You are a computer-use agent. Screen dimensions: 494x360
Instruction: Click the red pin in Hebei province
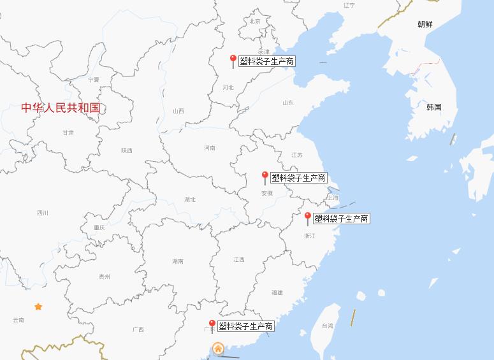coord(233,60)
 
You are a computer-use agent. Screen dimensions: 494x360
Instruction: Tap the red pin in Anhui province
coord(265,176)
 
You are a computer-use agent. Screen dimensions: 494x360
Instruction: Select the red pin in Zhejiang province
coord(308,217)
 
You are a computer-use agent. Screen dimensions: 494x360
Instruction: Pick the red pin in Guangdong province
coord(212,325)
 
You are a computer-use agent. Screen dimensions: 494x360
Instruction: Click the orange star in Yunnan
coord(38,307)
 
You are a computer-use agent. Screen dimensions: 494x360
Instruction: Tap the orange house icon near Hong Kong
coord(218,349)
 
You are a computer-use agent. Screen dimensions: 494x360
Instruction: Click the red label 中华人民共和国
coord(61,108)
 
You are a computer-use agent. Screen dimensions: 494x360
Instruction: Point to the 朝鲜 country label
coord(425,24)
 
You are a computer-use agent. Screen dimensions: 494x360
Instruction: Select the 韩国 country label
coord(434,107)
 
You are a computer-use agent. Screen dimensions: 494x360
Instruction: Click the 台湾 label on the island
coord(327,326)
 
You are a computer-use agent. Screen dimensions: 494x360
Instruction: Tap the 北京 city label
coord(255,21)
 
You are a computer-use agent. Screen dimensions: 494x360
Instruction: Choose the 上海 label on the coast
coord(333,198)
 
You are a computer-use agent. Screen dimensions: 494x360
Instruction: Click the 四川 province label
coord(43,213)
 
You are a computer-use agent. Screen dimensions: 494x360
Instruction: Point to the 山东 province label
coord(288,103)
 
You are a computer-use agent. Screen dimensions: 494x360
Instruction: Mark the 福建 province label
coord(277,292)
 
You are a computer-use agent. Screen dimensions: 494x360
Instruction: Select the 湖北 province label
coord(190,199)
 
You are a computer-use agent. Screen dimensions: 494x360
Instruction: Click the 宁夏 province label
coord(94,80)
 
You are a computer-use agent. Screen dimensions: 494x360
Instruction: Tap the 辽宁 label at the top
coord(349,5)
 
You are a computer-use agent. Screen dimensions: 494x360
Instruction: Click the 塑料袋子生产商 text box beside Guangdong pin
coord(246,326)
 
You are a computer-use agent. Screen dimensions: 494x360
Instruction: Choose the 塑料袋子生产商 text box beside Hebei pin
coord(267,61)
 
